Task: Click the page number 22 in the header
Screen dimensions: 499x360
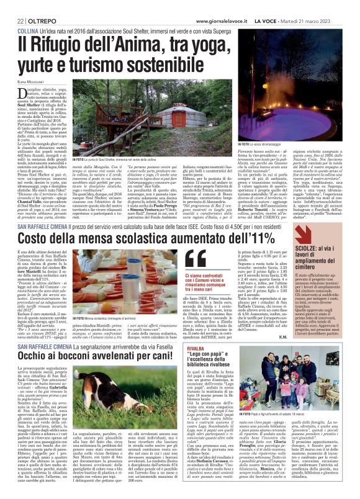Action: tap(12, 5)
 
